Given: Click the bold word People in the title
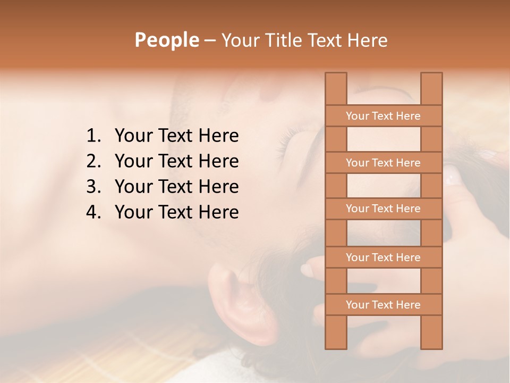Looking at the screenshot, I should [x=166, y=40].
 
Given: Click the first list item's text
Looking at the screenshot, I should [x=176, y=136].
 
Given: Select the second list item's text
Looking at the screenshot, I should [x=176, y=161].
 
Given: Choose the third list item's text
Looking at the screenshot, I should [x=176, y=187].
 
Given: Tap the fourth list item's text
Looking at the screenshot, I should [x=176, y=212].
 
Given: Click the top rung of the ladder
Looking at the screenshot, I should [x=383, y=116].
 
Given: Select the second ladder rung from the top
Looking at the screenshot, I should [x=383, y=163].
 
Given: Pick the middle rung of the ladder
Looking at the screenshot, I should [x=383, y=209].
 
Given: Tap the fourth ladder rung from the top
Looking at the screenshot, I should [x=383, y=257].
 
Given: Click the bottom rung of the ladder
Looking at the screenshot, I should [x=383, y=305].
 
